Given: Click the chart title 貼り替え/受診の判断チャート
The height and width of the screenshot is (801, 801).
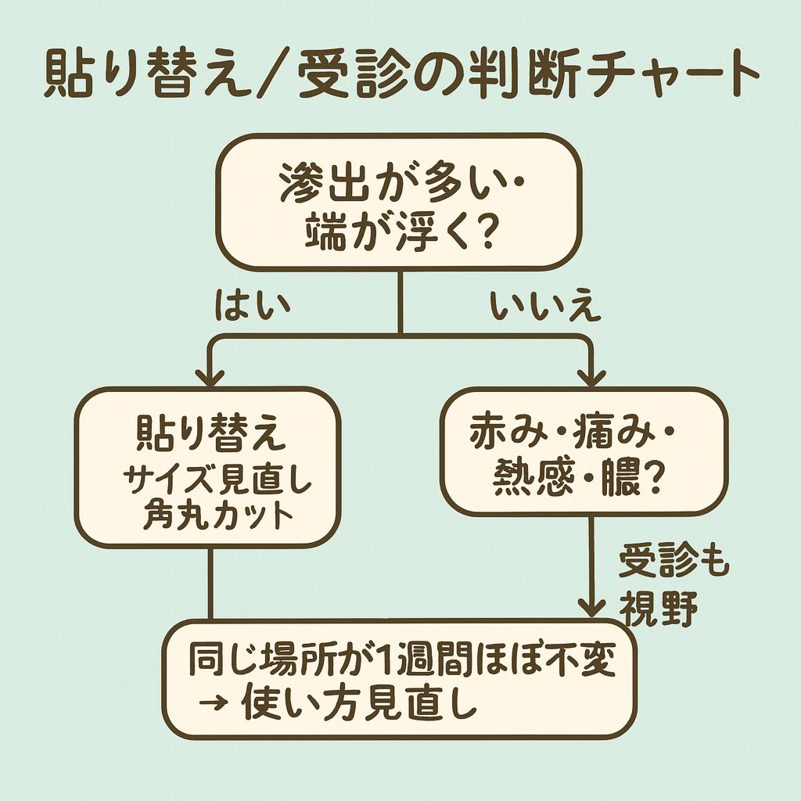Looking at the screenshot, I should click(400, 76).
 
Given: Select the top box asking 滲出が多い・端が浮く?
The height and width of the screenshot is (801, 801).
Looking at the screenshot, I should click(399, 205).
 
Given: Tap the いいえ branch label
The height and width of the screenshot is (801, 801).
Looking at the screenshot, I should click(545, 307).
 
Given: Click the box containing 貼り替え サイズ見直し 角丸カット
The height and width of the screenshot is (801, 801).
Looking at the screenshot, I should click(207, 467).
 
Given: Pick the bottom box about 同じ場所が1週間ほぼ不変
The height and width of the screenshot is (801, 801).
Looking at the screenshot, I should click(399, 679).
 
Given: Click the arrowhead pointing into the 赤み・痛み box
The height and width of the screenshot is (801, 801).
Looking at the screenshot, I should click(591, 376).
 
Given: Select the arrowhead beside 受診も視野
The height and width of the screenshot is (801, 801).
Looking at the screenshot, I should click(591, 605).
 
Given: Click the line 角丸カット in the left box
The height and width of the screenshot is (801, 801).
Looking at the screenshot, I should click(207, 517).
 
